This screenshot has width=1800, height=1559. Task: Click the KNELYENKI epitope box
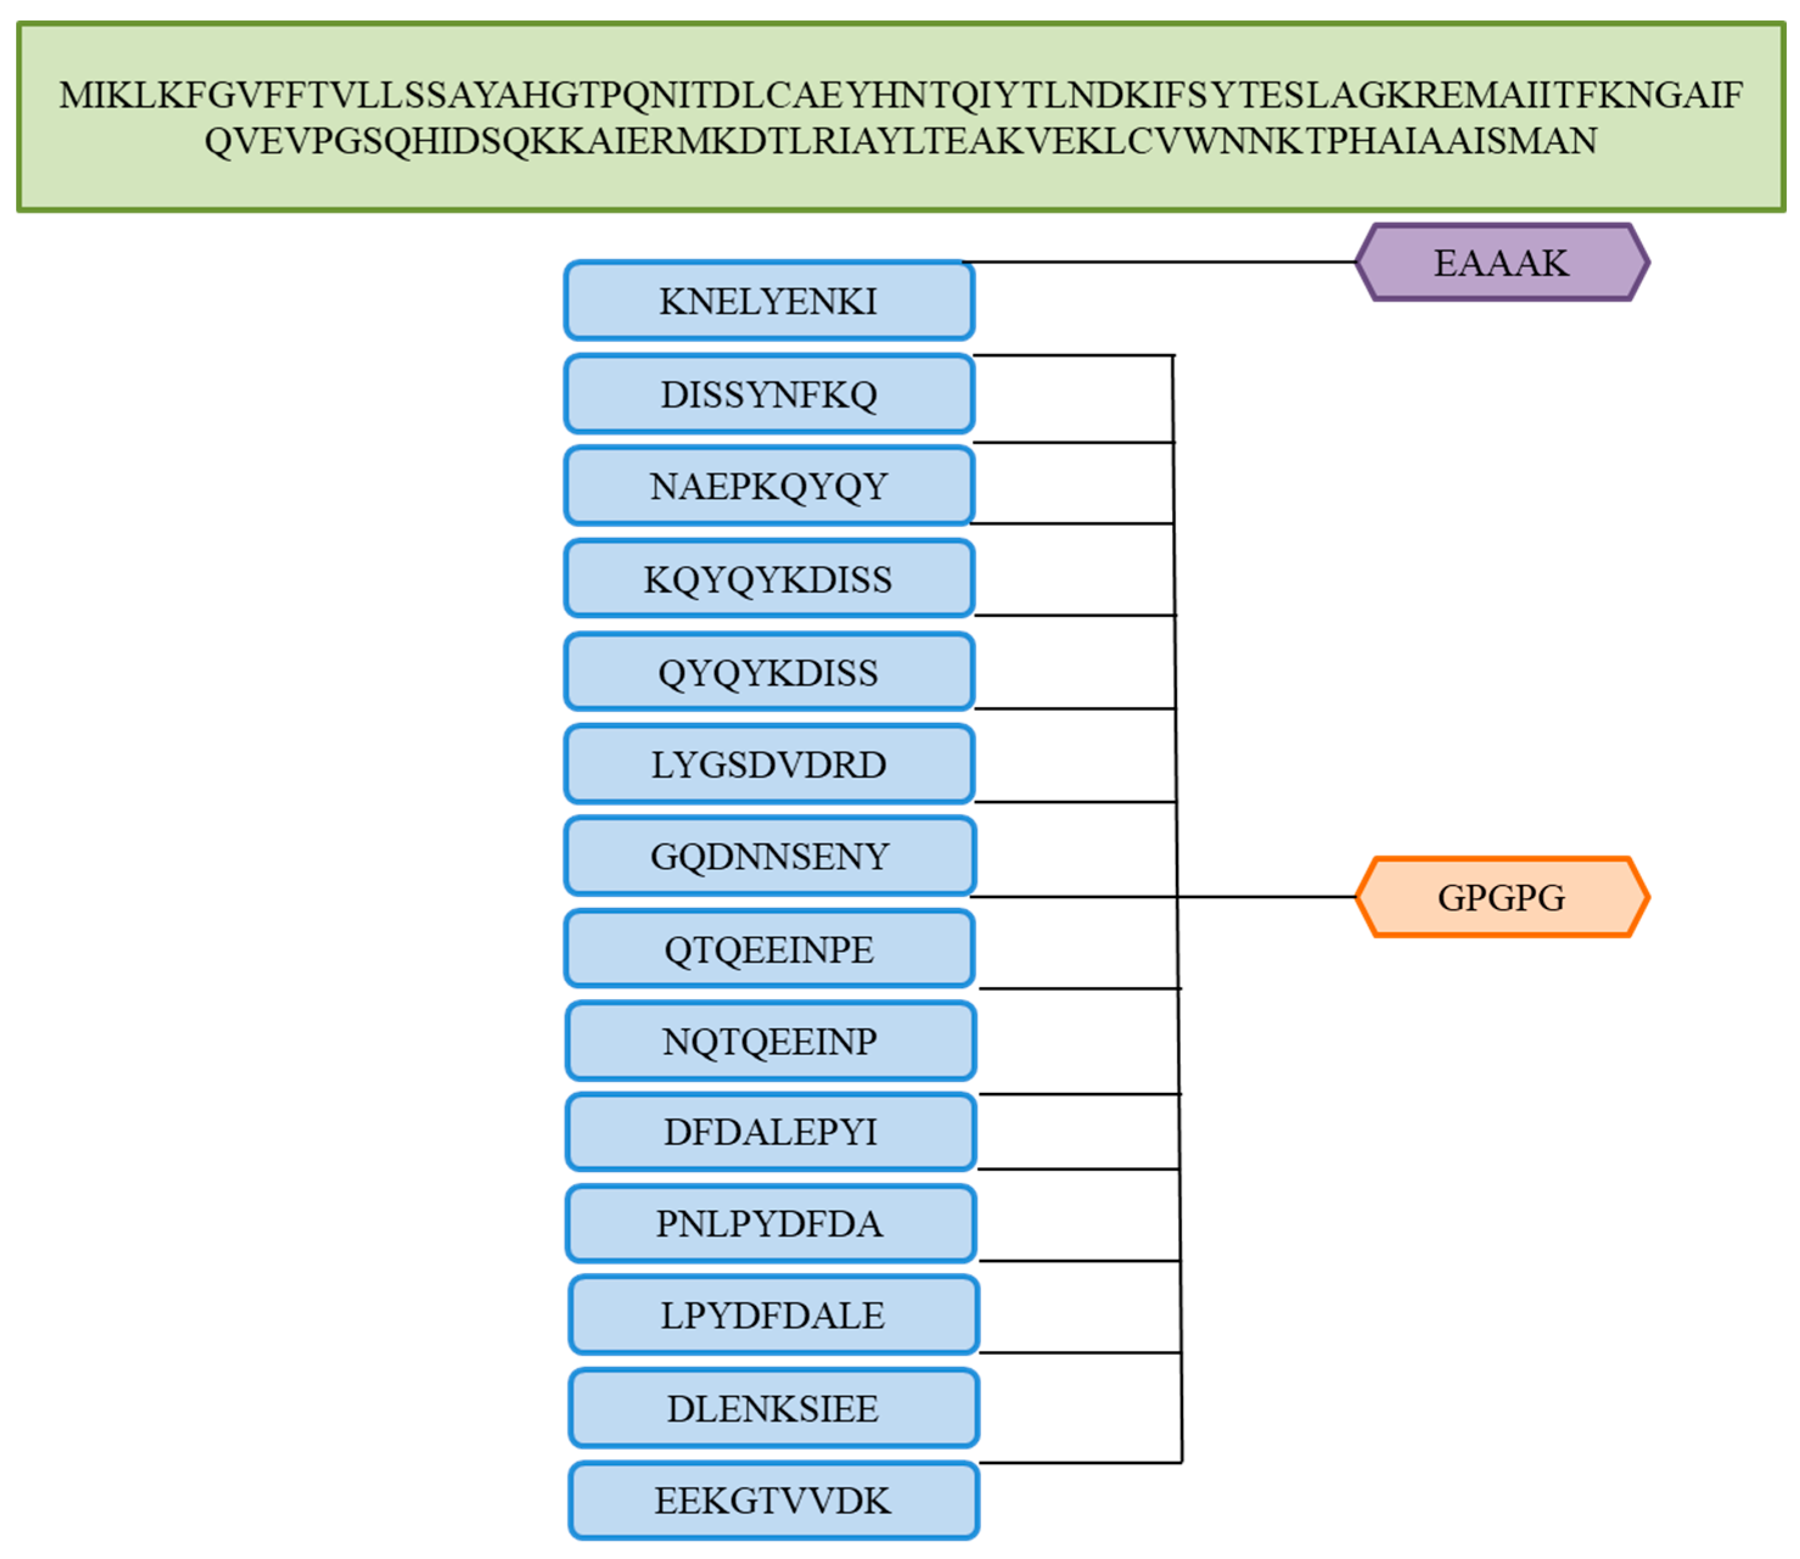click(769, 301)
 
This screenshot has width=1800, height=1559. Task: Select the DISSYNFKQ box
click(769, 394)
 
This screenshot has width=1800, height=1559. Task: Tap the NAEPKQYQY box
click(769, 486)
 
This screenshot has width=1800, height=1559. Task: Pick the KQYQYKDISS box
click(769, 579)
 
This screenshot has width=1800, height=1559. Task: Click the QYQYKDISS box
click(769, 672)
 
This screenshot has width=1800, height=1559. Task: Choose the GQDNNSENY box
click(770, 856)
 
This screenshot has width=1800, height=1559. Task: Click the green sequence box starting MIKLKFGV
click(900, 117)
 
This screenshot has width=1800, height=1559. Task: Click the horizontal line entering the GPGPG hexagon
click(1270, 896)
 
